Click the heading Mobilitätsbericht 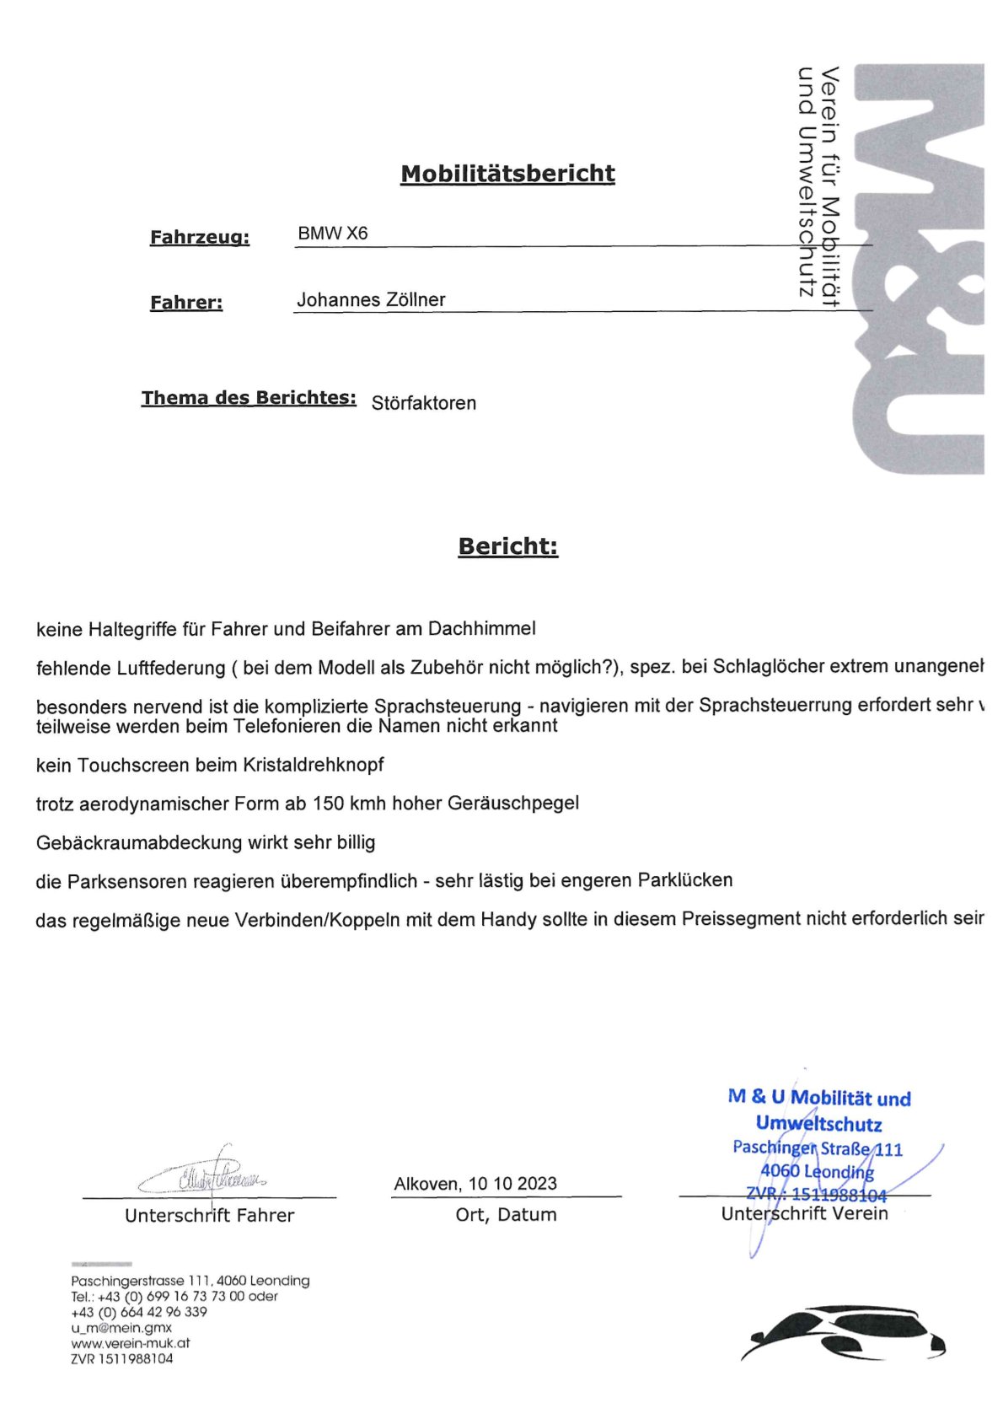pos(507,174)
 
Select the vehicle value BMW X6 pos(332,234)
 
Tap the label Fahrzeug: pos(200,238)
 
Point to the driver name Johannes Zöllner pos(371,299)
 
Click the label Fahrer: pos(186,303)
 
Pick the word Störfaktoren pos(423,403)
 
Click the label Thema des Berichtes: pos(249,398)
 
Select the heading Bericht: pos(507,546)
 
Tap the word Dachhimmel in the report pos(481,628)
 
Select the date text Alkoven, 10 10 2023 pos(475,1184)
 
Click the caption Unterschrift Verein pos(804,1213)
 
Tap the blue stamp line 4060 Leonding pos(816,1171)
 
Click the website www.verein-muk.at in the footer pos(130,1343)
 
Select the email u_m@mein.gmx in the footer pos(121,1327)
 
